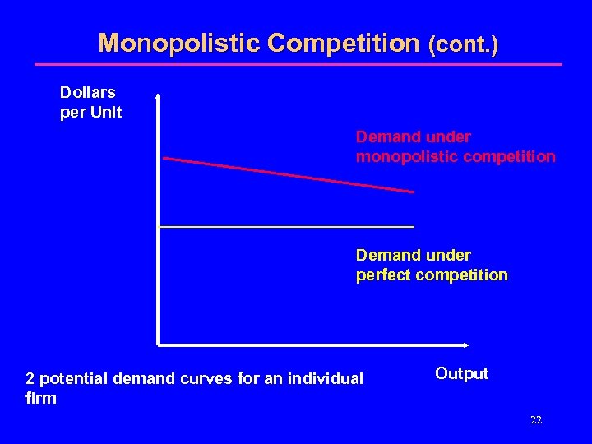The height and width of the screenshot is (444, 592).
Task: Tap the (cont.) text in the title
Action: point(463,44)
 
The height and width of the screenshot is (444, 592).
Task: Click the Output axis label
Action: point(461,373)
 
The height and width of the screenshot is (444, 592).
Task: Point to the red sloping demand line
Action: point(288,174)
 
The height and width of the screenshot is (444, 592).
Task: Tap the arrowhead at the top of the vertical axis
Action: point(157,94)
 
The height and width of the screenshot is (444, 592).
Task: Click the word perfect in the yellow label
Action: point(384,275)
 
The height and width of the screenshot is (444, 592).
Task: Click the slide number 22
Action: point(536,420)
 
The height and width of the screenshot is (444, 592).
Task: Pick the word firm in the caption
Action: point(41,398)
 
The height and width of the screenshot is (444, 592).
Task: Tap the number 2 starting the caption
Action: point(30,378)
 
